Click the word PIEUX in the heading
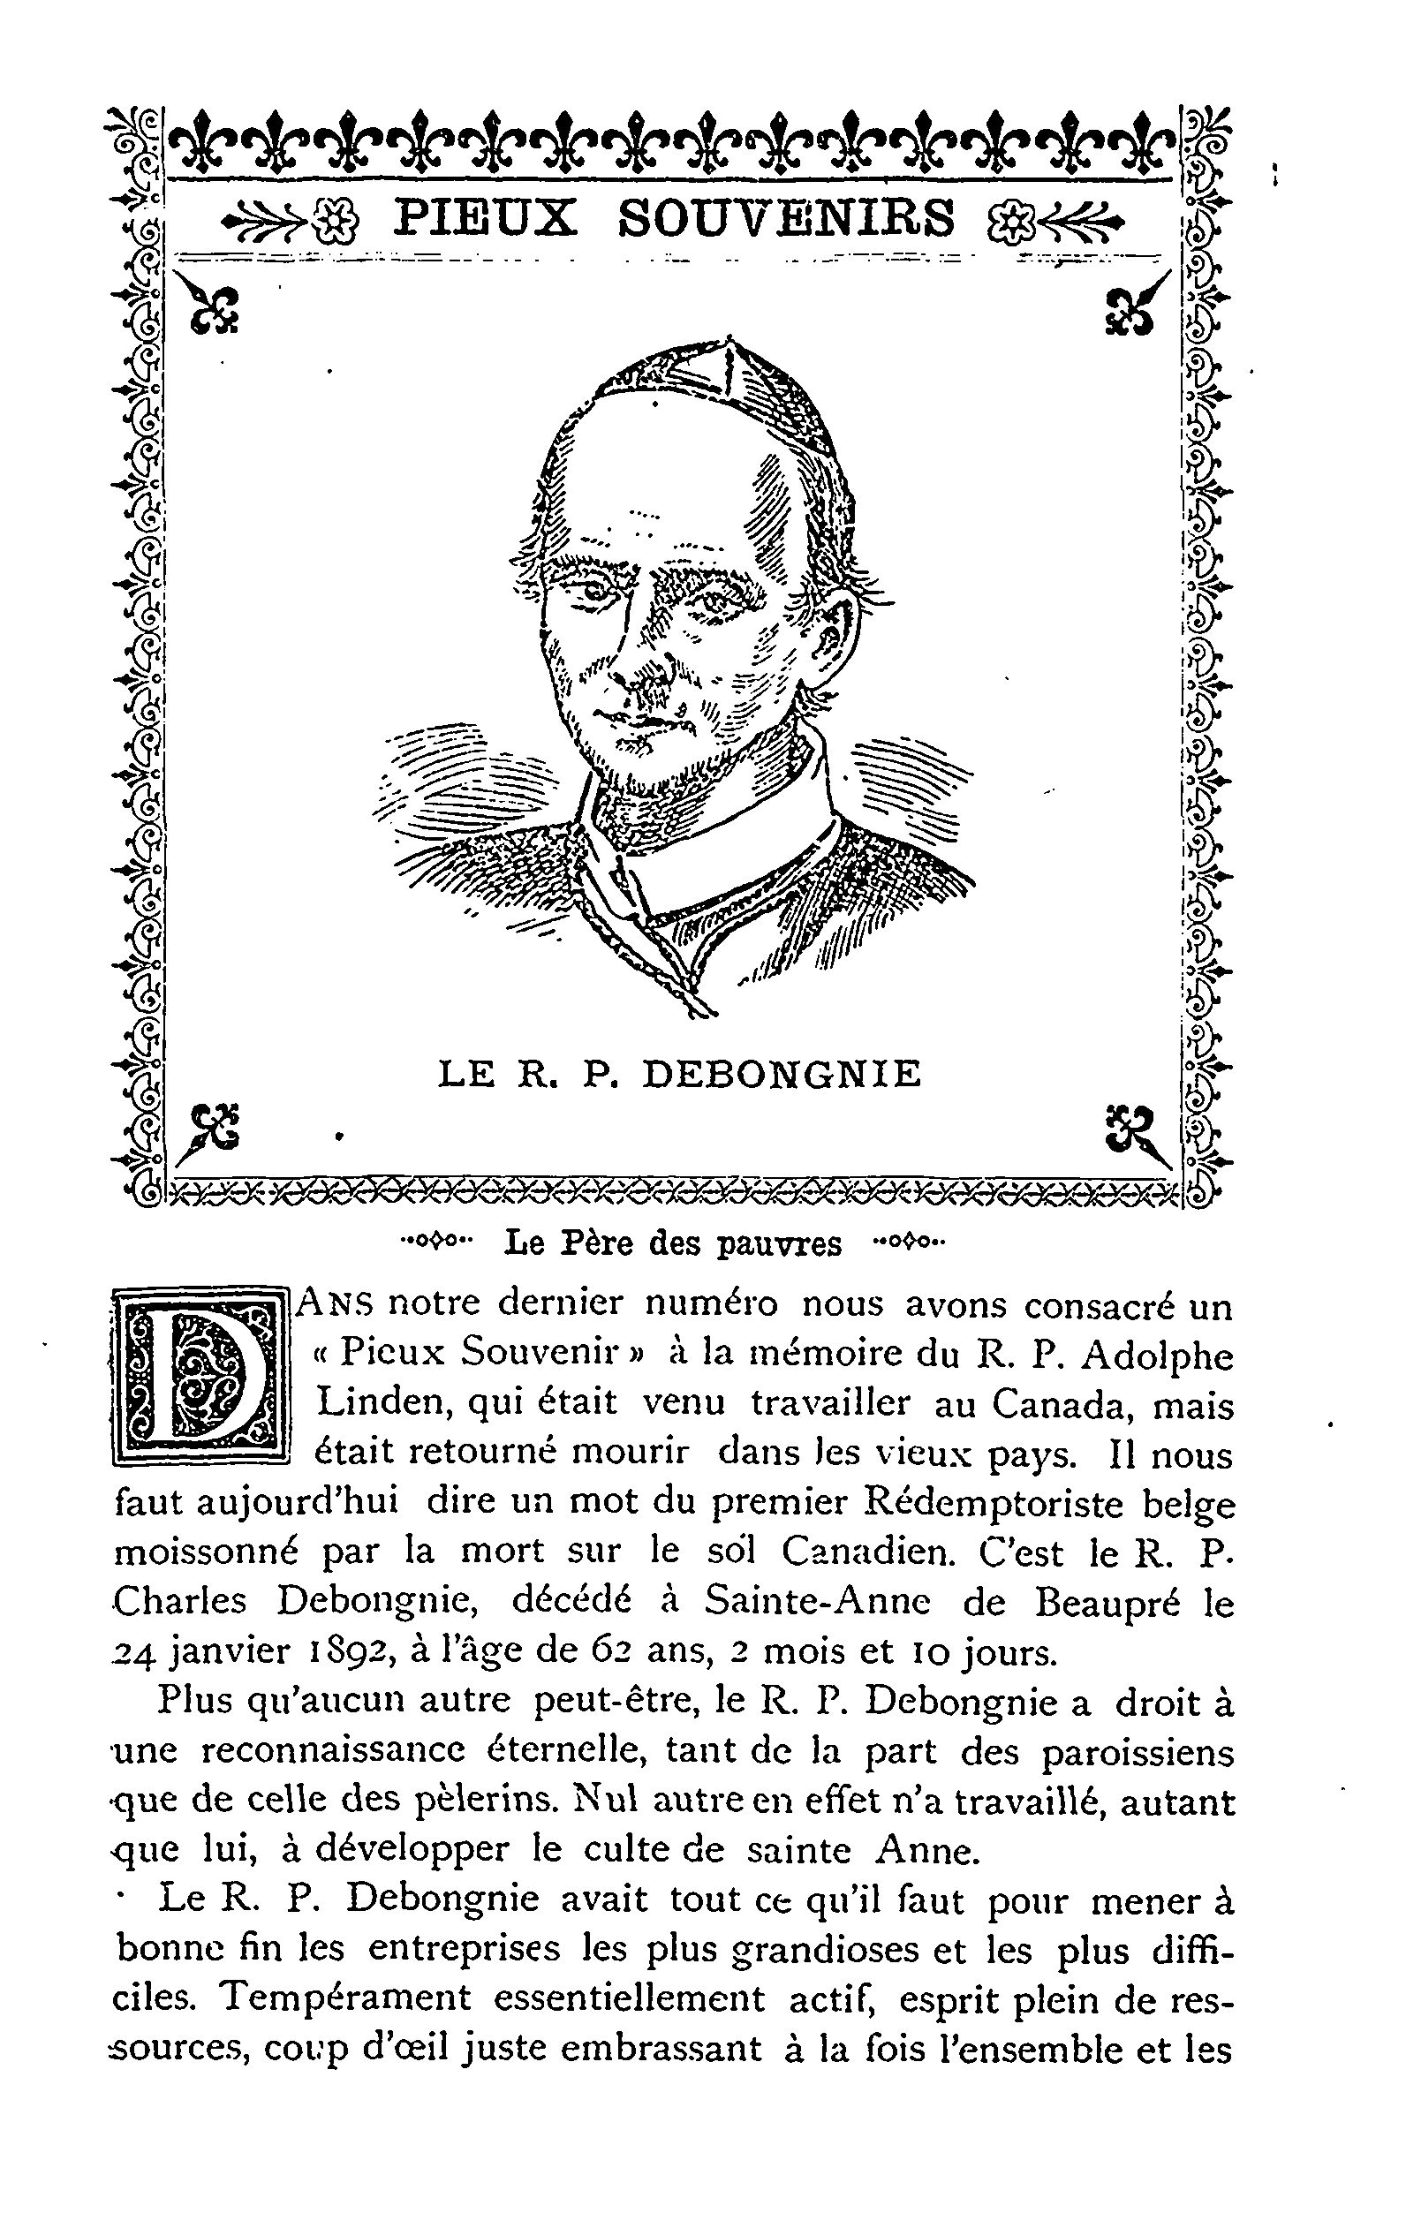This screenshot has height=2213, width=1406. coord(485,220)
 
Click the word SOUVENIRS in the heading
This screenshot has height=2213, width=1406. coord(787,220)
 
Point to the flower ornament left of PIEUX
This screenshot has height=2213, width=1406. coord(340,221)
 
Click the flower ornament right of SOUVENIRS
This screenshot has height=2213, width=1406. coord(1009,221)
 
